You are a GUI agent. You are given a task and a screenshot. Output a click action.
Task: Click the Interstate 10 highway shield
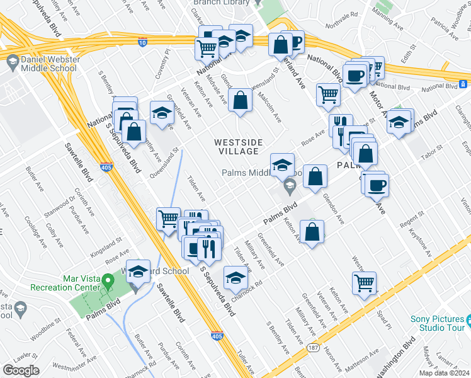pyautogui.click(x=142, y=42)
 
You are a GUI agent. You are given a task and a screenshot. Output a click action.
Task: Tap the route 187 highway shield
pyautogui.click(x=313, y=347)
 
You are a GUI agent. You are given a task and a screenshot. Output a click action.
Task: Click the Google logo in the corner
pyautogui.click(x=21, y=370)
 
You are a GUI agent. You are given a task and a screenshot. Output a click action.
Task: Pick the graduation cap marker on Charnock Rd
pyautogui.click(x=235, y=278)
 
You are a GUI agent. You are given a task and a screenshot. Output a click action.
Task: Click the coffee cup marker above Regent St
pyautogui.click(x=377, y=185)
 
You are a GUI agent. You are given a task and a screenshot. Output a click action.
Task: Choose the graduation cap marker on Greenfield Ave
pyautogui.click(x=162, y=113)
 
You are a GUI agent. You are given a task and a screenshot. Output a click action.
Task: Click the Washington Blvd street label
pyautogui.click(x=400, y=352)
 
